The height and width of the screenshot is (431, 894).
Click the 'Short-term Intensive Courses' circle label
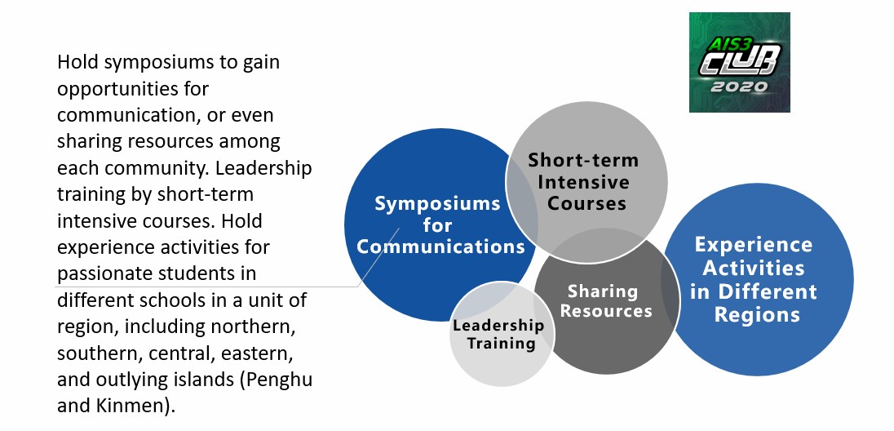click(x=582, y=181)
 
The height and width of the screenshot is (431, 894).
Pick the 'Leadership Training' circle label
click(x=498, y=334)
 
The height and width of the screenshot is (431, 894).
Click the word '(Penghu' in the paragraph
click(x=278, y=380)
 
